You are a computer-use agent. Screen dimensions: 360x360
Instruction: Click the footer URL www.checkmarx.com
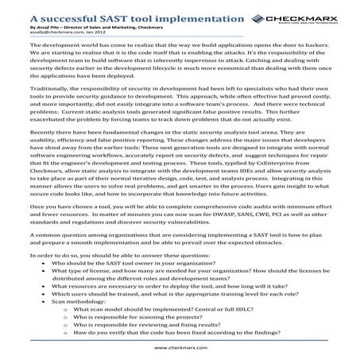180,347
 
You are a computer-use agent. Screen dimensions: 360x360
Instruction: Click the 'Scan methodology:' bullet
79,330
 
